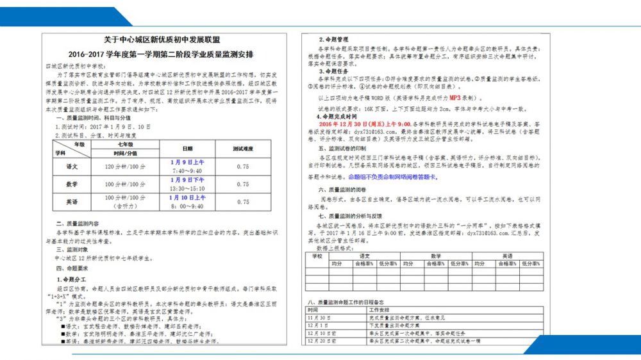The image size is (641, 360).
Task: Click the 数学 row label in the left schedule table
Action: [72, 184]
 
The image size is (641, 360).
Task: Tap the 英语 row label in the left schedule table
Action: [72, 202]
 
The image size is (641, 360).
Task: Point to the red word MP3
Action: [454, 99]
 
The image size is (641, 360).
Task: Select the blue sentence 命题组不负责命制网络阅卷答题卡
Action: [392, 176]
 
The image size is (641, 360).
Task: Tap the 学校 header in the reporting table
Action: [317, 256]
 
